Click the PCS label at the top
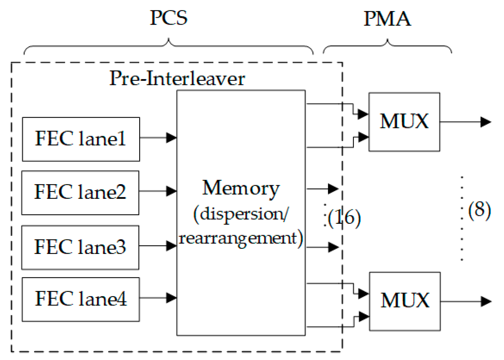point(168,18)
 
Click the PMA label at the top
point(387,19)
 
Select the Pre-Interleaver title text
point(177,78)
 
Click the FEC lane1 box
point(81,139)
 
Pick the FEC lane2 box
point(80,193)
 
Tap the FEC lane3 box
point(80,247)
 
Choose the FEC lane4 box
point(81,299)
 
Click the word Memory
point(240,188)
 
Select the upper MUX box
point(404,122)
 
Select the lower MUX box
point(405,301)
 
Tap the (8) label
point(479,210)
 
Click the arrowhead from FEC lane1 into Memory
point(171,138)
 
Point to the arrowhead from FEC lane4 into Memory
point(171,298)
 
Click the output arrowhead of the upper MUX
point(486,122)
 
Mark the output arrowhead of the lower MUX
point(486,301)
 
